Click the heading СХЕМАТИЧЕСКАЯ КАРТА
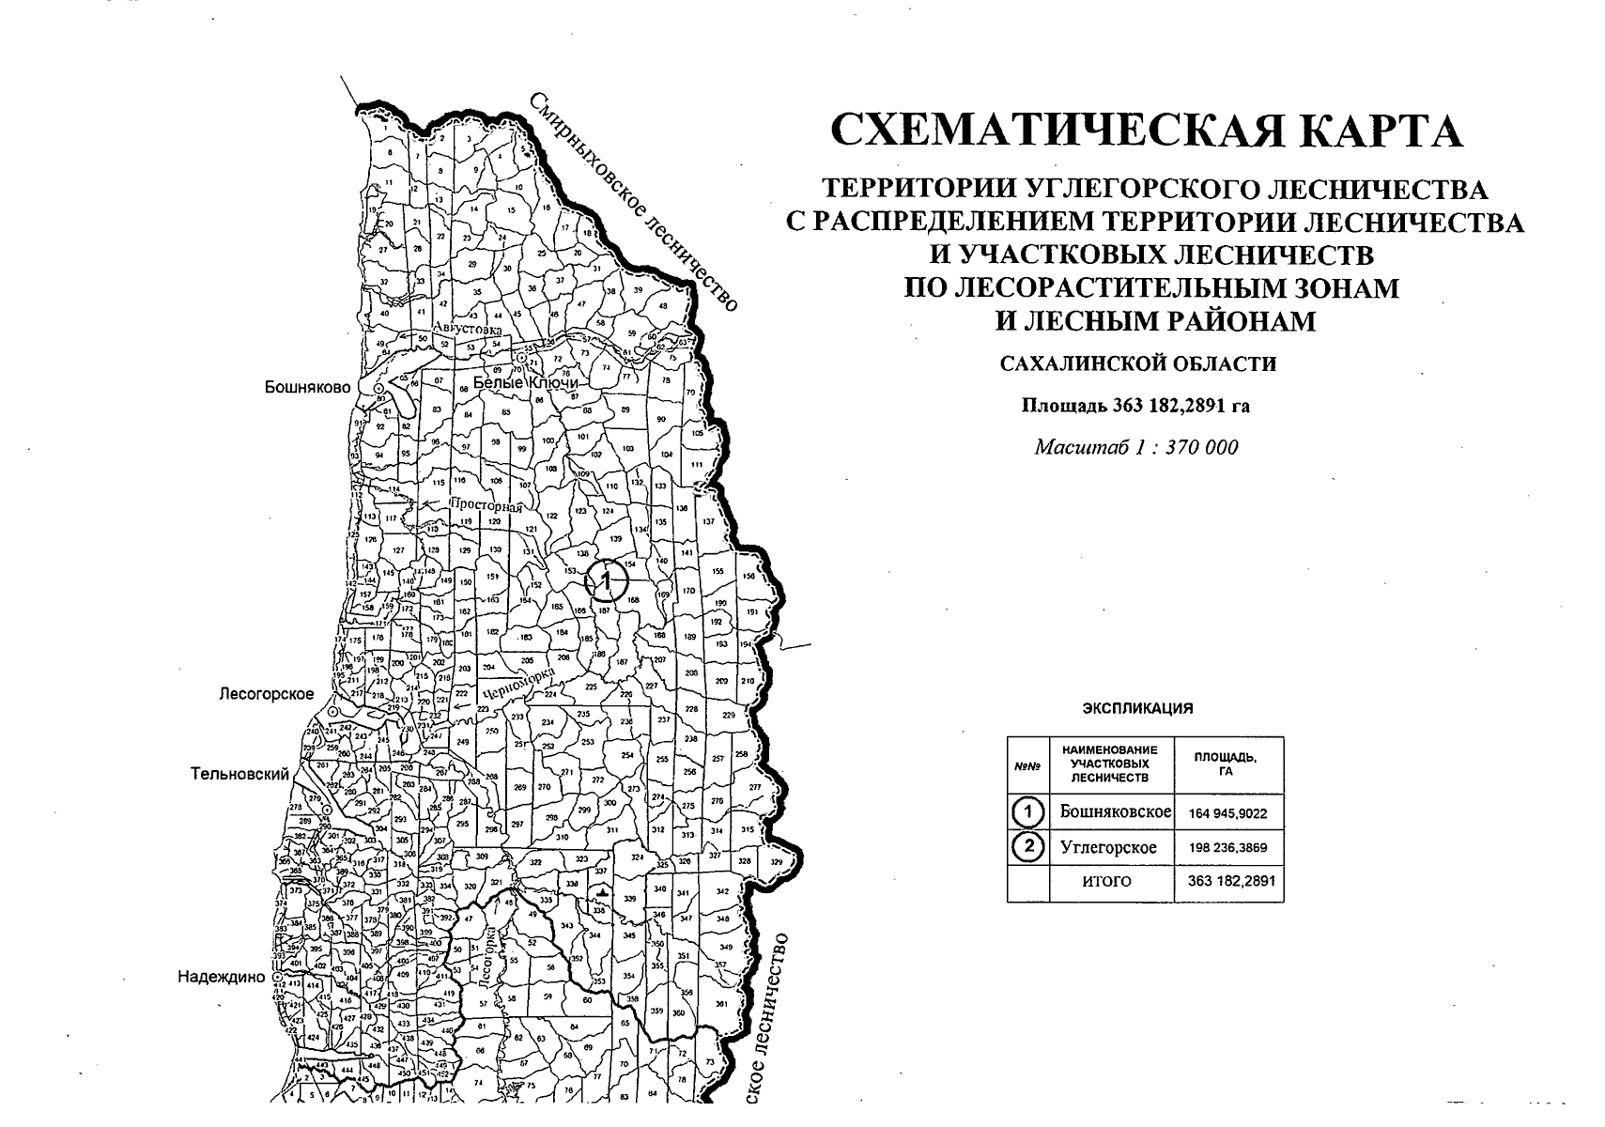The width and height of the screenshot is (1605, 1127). pyautogui.click(x=1147, y=131)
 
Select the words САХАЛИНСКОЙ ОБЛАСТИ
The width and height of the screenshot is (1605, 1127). pyautogui.click(x=1138, y=363)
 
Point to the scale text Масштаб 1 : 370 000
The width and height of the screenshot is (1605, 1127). pyautogui.click(x=1136, y=447)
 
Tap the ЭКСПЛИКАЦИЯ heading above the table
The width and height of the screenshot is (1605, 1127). pyautogui.click(x=1137, y=709)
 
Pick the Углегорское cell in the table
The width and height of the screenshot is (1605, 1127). pyautogui.click(x=1108, y=847)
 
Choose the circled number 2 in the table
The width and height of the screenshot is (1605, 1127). pyautogui.click(x=1029, y=847)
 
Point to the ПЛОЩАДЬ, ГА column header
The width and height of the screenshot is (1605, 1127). pyautogui.click(x=1226, y=764)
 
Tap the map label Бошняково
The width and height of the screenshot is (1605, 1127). pyautogui.click(x=307, y=387)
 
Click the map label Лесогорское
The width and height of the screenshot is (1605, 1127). pyautogui.click(x=266, y=694)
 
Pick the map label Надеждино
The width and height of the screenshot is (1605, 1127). pyautogui.click(x=222, y=977)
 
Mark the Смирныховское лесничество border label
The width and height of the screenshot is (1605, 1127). pyautogui.click(x=634, y=201)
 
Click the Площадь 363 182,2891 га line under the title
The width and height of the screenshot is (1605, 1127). pyautogui.click(x=1135, y=407)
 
